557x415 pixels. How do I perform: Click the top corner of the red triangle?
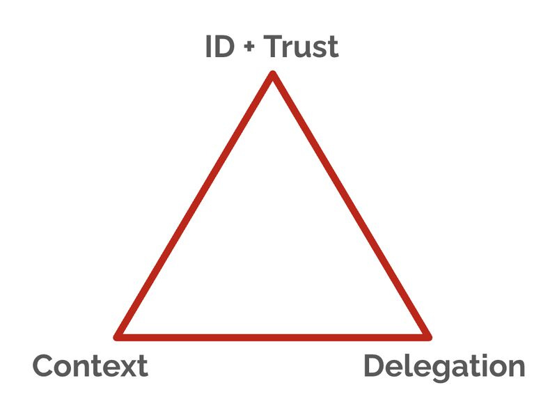coord(273,75)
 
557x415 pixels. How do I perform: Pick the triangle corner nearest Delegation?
coord(427,336)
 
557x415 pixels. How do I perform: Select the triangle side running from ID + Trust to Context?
coord(196,205)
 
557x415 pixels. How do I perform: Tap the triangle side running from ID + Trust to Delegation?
coord(350,205)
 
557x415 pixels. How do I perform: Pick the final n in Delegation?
coord(516,368)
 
